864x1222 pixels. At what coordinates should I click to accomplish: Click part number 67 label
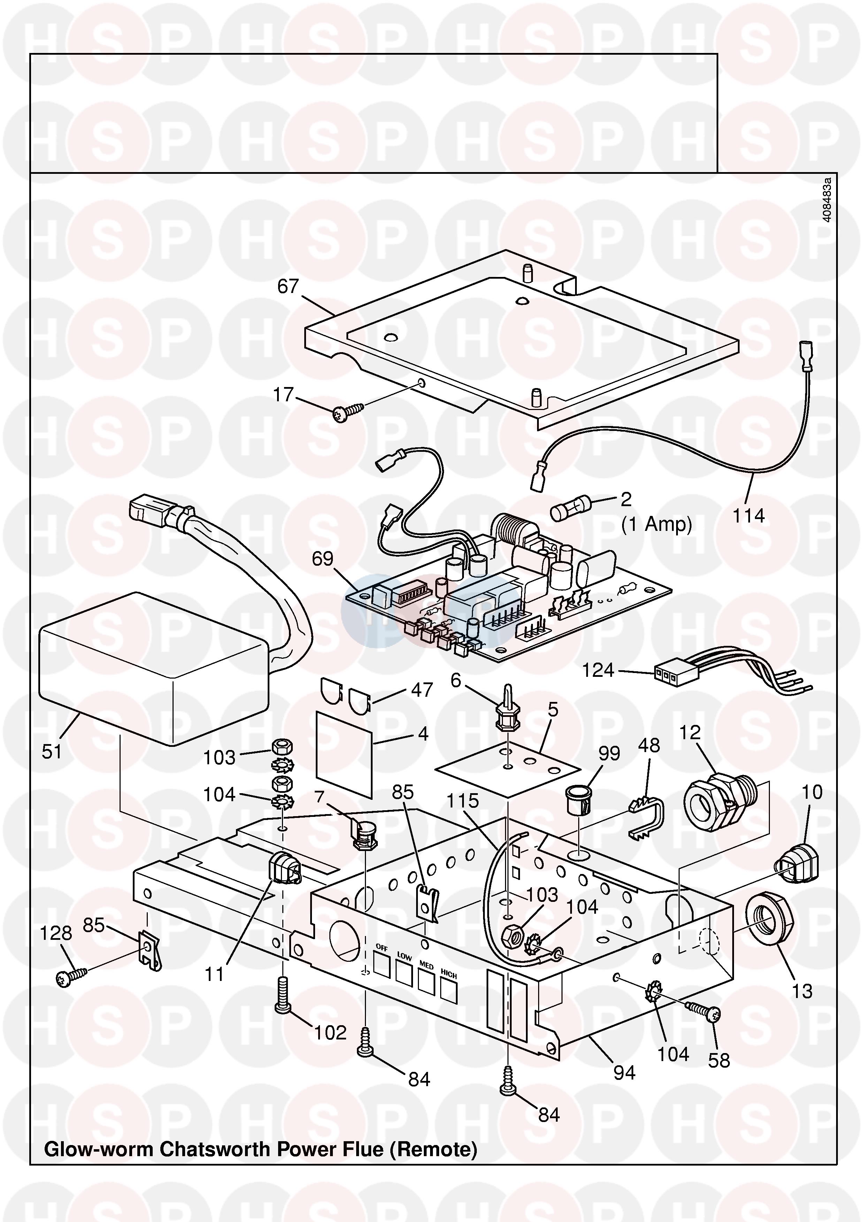click(x=288, y=287)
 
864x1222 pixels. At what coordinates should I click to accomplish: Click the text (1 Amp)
click(x=656, y=525)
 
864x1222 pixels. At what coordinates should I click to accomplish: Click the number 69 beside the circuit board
click(x=323, y=559)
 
